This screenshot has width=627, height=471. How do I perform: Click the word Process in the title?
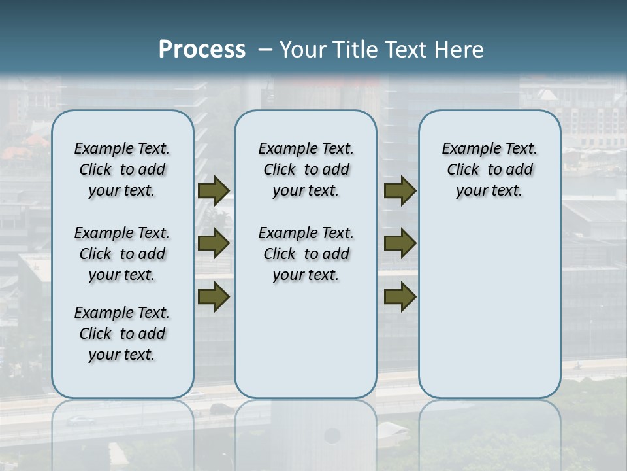202,50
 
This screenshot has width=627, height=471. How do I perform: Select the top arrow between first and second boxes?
214,191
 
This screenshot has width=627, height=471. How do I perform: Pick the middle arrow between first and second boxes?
214,243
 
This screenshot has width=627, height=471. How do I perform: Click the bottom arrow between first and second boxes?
214,296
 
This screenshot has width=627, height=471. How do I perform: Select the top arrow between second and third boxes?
400,191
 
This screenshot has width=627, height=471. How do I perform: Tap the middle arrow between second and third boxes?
400,243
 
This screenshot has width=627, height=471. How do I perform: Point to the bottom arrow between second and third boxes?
400,296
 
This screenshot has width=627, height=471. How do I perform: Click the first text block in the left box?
122,169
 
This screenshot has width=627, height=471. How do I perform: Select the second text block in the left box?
122,254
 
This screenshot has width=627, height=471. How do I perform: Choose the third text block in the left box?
122,334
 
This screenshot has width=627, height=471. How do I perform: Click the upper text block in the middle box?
306,169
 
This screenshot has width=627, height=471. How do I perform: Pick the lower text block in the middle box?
306,254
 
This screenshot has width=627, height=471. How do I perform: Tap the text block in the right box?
489,169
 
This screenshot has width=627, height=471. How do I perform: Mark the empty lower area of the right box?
489,301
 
